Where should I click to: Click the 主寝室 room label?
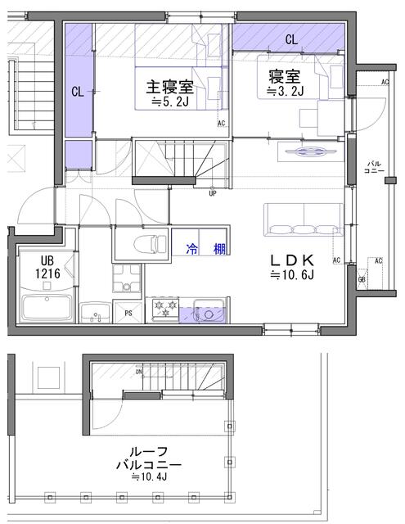[170, 86]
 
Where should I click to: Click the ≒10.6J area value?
[295, 276]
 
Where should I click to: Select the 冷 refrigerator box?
[191, 248]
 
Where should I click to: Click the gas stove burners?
[161, 309]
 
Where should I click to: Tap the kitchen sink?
[208, 312]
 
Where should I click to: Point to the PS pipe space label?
[128, 312]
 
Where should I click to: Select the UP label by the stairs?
[213, 194]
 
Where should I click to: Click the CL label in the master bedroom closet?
[77, 92]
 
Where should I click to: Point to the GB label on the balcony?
[362, 279]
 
